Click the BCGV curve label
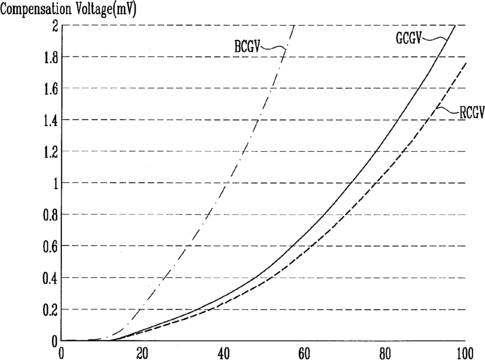(246, 48)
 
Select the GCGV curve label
(409, 39)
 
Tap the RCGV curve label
(472, 113)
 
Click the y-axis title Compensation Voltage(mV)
(68, 10)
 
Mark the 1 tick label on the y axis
(55, 184)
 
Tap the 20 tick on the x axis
(142, 354)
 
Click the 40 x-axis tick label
(223, 354)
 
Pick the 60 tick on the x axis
(304, 354)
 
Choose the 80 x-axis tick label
(385, 354)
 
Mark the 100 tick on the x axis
(464, 354)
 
